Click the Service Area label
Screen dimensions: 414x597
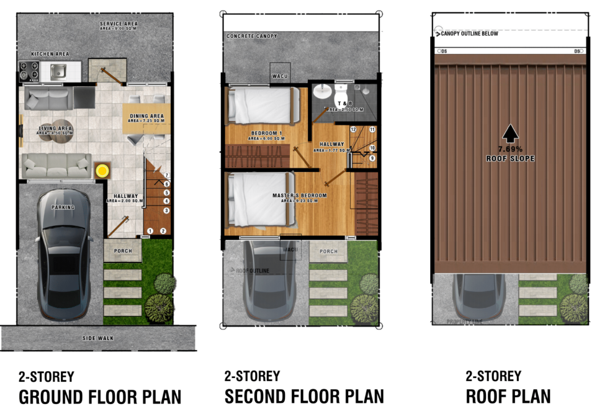[119, 24]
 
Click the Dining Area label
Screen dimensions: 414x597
[146, 116]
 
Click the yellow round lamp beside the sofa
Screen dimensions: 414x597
[101, 170]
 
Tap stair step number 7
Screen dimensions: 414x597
[166, 176]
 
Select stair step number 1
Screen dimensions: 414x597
[150, 231]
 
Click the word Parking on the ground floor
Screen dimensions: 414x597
[63, 207]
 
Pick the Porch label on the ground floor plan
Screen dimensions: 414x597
[122, 251]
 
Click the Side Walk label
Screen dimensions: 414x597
[97, 338]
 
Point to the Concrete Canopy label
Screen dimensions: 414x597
[251, 37]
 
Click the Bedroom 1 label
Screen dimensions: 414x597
[267, 133]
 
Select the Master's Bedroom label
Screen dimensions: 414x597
[299, 196]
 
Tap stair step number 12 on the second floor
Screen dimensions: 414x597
[353, 130]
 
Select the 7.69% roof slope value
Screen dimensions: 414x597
[510, 149]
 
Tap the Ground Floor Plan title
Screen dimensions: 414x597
[100, 397]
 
